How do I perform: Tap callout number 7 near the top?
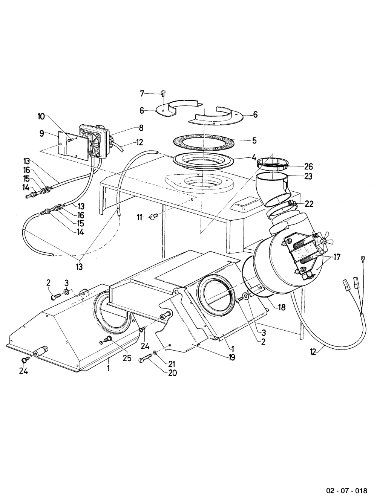(142, 93)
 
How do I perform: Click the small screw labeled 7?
(163, 93)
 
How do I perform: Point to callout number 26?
(308, 166)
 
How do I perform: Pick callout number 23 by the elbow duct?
(308, 176)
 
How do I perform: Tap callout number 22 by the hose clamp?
(309, 204)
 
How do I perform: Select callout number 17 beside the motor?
(337, 257)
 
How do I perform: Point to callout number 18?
(282, 307)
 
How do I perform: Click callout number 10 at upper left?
(41, 117)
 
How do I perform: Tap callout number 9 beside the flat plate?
(41, 133)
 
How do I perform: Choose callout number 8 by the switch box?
(141, 128)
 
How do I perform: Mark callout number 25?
(127, 358)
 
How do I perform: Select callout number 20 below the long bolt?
(172, 373)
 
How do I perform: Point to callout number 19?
(231, 358)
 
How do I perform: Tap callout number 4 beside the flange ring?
(254, 157)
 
